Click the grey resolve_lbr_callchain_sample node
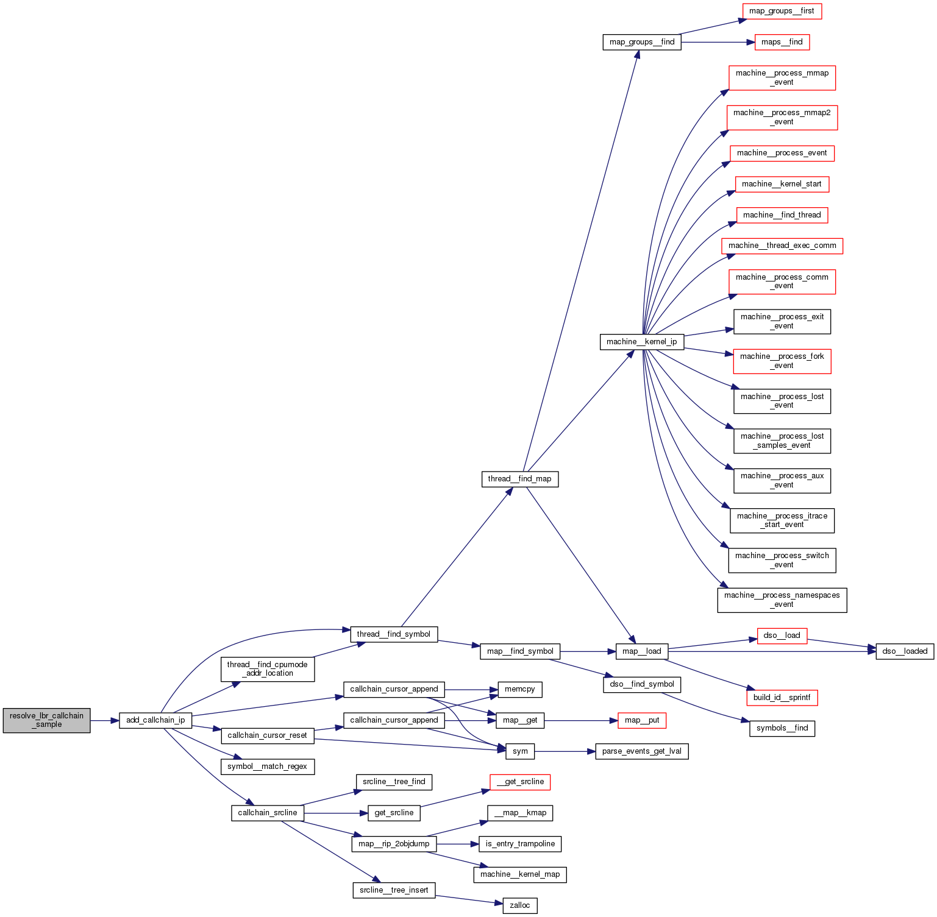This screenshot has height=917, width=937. [x=46, y=720]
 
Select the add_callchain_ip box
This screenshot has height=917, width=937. [x=155, y=720]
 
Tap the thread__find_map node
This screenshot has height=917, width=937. [x=519, y=479]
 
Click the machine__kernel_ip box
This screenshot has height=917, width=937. [x=641, y=342]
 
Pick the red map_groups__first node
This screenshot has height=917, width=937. [x=782, y=11]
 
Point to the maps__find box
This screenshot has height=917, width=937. [x=782, y=42]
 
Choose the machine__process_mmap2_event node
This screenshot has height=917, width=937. [x=782, y=117]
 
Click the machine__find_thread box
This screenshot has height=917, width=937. [x=782, y=215]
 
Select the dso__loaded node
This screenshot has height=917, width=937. [x=905, y=651]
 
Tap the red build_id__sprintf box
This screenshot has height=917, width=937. [x=782, y=698]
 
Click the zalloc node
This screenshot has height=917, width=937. [x=520, y=905]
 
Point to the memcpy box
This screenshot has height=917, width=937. [x=520, y=689]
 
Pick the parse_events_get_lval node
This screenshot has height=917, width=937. [x=641, y=751]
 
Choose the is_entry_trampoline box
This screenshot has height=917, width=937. [x=520, y=844]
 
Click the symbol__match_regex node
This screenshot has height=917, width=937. [x=267, y=767]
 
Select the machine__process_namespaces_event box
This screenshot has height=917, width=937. [x=782, y=600]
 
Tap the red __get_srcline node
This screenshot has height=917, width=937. [x=520, y=782]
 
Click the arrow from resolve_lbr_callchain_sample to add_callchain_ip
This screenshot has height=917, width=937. [x=104, y=720]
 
